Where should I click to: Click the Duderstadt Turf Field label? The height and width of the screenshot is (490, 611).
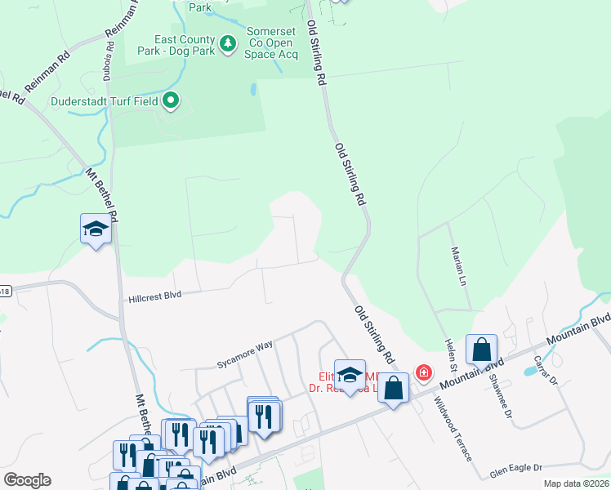[x=105, y=101]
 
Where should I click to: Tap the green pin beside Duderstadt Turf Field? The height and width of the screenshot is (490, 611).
[x=171, y=101]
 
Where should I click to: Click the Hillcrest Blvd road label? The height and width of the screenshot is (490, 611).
[x=154, y=297]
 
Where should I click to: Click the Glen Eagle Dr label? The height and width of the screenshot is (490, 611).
[x=516, y=470]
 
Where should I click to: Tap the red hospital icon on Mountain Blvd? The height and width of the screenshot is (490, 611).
[x=423, y=373]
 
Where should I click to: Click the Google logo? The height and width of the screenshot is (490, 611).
[x=27, y=480]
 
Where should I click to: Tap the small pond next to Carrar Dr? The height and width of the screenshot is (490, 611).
[x=530, y=370]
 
